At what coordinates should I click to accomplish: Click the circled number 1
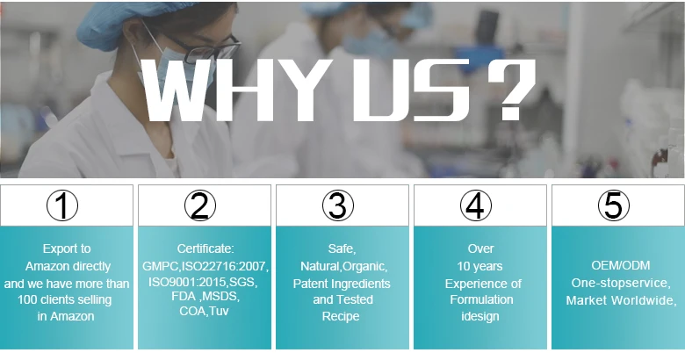pyautogui.click(x=62, y=205)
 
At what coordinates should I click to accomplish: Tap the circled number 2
pyautogui.click(x=200, y=205)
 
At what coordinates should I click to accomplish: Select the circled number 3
pyautogui.click(x=338, y=205)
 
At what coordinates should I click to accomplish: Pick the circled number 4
pyautogui.click(x=476, y=205)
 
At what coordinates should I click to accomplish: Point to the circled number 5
pyautogui.click(x=614, y=205)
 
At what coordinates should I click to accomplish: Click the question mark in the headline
pyautogui.click(x=512, y=90)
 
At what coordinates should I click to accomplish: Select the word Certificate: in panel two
pyautogui.click(x=205, y=248)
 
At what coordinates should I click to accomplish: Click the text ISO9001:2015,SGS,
pyautogui.click(x=203, y=282)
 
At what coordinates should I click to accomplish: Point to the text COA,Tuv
pyautogui.click(x=204, y=311)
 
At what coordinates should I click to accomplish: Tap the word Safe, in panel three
pyautogui.click(x=342, y=249)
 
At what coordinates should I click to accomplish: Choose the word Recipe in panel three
pyautogui.click(x=341, y=316)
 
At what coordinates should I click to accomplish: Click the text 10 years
pyautogui.click(x=479, y=266)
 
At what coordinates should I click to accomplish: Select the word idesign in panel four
pyautogui.click(x=480, y=316)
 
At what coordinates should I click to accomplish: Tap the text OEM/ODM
pyautogui.click(x=621, y=265)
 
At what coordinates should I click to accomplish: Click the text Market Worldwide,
pyautogui.click(x=621, y=300)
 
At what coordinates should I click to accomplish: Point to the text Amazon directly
pyautogui.click(x=68, y=266)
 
